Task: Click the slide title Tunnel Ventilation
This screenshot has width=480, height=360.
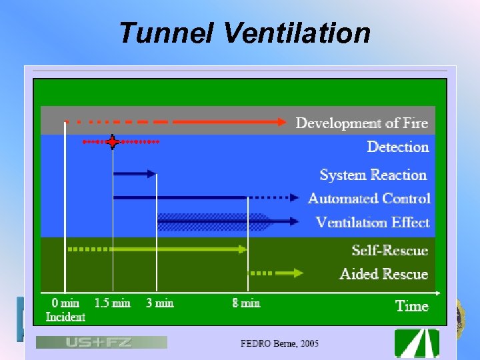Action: (x=244, y=33)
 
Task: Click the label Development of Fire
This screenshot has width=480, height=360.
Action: (x=361, y=123)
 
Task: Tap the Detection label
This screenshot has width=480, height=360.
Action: (x=397, y=147)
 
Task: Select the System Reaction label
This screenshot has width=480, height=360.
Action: (x=373, y=175)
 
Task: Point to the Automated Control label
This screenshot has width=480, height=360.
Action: (x=369, y=198)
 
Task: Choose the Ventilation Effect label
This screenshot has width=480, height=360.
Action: (x=372, y=222)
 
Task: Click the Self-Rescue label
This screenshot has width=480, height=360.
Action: (x=389, y=250)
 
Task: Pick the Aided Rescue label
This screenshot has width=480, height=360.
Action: (x=383, y=273)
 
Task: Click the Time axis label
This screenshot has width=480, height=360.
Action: (x=411, y=306)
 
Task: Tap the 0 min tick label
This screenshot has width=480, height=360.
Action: (x=65, y=303)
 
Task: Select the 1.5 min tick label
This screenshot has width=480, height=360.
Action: (x=112, y=303)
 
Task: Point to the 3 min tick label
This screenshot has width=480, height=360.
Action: (x=159, y=303)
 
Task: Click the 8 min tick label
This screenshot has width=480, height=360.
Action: (x=246, y=303)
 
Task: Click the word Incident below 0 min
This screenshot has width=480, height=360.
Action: (x=65, y=317)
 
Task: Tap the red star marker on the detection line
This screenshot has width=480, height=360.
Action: (x=113, y=142)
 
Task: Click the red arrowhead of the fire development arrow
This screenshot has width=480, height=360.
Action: (x=279, y=122)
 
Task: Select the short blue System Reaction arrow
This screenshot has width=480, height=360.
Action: (x=135, y=174)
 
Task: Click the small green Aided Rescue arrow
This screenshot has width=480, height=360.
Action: (x=289, y=273)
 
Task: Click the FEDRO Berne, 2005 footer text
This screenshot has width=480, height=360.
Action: (x=279, y=343)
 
